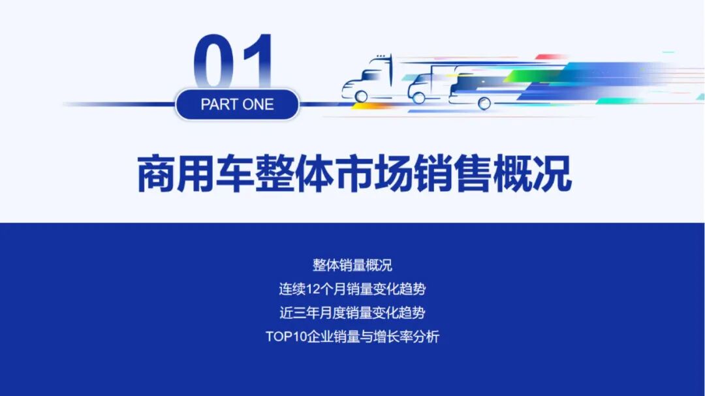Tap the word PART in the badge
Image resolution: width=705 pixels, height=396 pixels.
[x=219, y=104]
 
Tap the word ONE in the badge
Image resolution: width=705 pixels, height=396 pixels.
[x=258, y=104]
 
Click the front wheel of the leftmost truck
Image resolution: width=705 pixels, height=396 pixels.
[x=361, y=96]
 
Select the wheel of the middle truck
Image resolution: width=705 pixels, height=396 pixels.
[x=418, y=97]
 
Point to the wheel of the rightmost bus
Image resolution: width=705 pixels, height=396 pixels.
[x=484, y=102]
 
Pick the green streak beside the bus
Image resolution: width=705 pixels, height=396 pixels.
[x=522, y=76]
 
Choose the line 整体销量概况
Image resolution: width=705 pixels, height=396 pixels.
[x=352, y=266]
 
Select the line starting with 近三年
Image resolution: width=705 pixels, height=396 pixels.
[x=352, y=313]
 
